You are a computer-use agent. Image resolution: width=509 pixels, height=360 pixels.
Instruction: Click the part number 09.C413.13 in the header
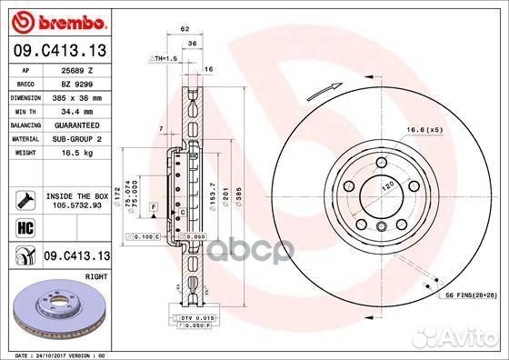coord(59,51)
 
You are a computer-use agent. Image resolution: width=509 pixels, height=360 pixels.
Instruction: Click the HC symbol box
coord(25,227)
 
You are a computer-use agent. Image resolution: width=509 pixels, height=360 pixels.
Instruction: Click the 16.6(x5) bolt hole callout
coord(448,131)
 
